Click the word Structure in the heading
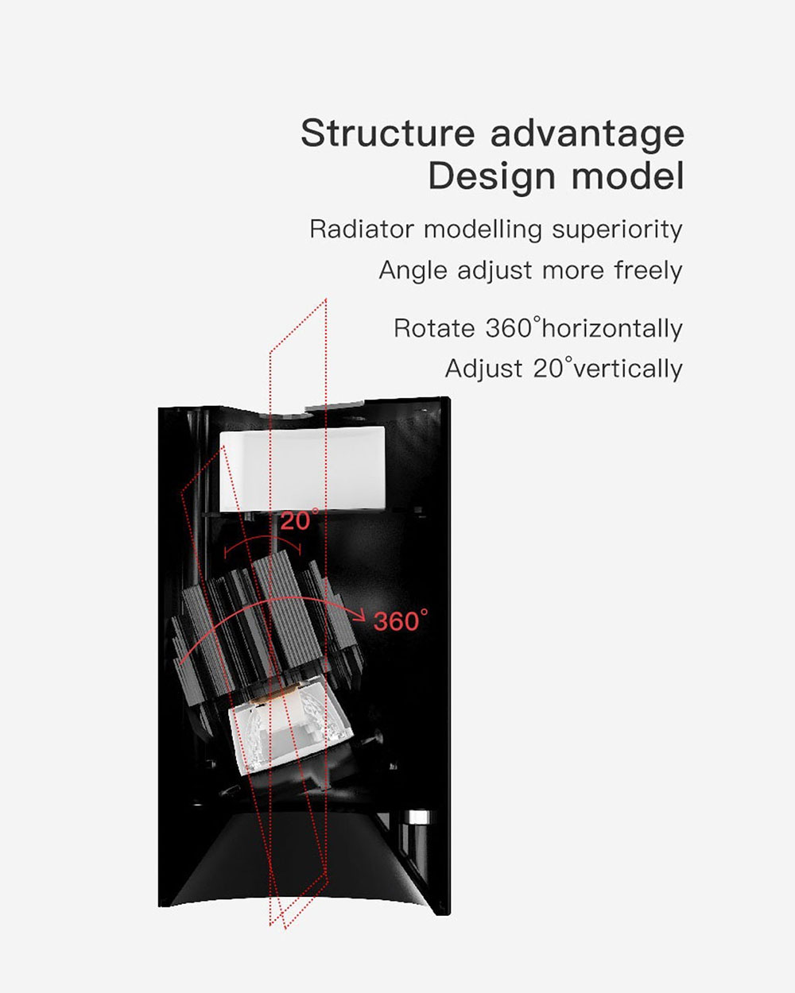[388, 133]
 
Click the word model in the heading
[628, 176]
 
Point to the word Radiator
[362, 229]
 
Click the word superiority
[617, 230]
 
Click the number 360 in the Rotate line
[509, 329]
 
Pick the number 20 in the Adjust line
[548, 369]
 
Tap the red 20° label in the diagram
[299, 520]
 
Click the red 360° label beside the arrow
[401, 620]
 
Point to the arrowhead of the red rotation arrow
[359, 614]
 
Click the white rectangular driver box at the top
[303, 469]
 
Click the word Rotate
[434, 329]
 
